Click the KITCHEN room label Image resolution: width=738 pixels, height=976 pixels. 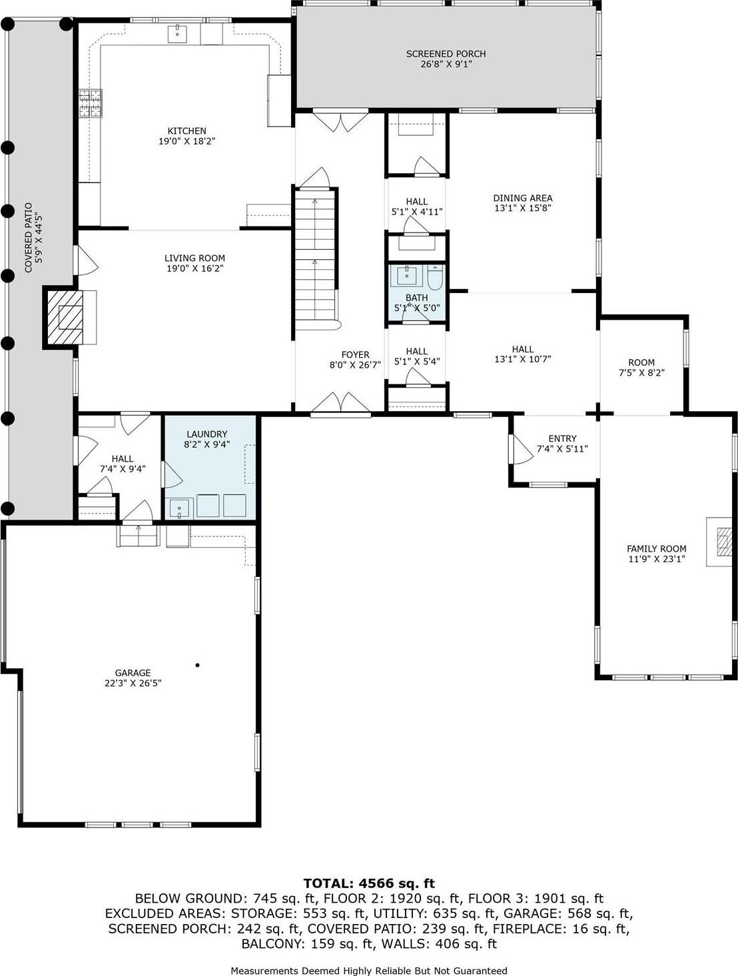(x=186, y=131)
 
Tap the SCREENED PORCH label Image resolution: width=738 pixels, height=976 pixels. (x=446, y=54)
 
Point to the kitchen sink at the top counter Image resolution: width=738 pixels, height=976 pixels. (x=178, y=33)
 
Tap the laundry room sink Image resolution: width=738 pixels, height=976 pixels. (x=180, y=508)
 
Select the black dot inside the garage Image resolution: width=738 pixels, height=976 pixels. (x=198, y=665)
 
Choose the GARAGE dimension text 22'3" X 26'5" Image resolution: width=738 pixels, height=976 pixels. (x=133, y=683)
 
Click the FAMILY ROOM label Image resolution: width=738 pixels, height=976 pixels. (x=657, y=549)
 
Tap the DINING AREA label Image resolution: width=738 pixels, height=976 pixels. (x=523, y=198)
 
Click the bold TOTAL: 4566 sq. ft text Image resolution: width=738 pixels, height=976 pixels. (x=369, y=883)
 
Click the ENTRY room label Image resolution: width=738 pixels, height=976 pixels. (x=562, y=438)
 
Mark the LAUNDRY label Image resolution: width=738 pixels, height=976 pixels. (x=207, y=434)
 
